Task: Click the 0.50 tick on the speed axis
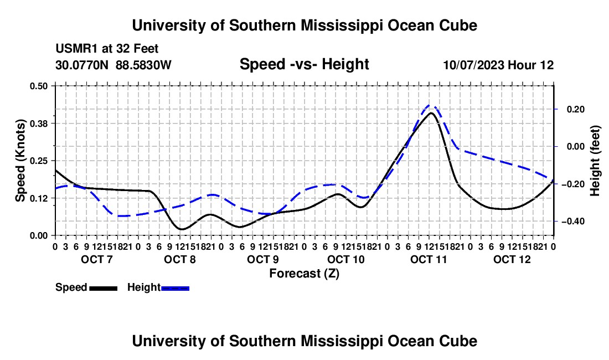tap(38, 86)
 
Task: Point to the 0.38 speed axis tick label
tap(38, 124)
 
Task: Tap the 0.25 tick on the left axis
tap(38, 161)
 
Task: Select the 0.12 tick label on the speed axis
tap(38, 198)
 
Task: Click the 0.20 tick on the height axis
tap(576, 109)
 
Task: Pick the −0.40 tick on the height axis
tap(573, 222)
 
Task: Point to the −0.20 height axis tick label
tap(573, 184)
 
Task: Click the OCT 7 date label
tap(97, 259)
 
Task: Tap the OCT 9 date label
tap(263, 259)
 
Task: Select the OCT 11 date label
tap(429, 259)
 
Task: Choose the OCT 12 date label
tap(512, 259)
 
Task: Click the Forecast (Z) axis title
tap(304, 274)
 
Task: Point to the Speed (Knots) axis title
tap(20, 161)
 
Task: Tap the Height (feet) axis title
tap(595, 161)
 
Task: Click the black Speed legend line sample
tap(104, 288)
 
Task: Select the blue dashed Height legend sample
tap(175, 288)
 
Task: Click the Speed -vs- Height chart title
tap(304, 64)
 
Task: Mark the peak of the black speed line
tap(431, 113)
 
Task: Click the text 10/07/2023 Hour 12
tap(499, 65)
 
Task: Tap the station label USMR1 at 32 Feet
tap(107, 49)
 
